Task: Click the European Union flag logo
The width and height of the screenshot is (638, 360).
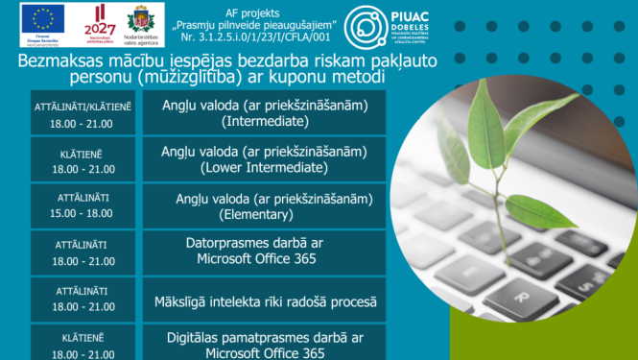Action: (43, 17)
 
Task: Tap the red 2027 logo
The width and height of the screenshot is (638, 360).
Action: (101, 19)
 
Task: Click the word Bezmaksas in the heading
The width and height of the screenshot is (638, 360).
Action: (60, 61)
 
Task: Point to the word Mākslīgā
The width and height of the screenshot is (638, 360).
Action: (184, 301)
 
